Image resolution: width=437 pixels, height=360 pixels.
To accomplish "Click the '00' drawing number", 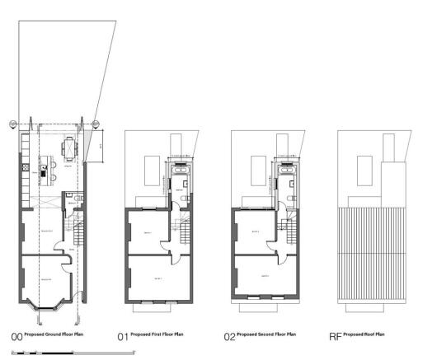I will point(15,336).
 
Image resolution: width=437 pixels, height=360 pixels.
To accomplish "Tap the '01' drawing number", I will point(123,336).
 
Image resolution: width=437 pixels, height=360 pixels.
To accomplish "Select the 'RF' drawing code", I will point(335,336).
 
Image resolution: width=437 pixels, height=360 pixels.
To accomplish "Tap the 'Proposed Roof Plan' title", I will point(364,334).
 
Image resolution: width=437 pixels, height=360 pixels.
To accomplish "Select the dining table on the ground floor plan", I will point(68,150).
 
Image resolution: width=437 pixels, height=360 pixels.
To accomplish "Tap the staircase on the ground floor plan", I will point(80,231).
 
